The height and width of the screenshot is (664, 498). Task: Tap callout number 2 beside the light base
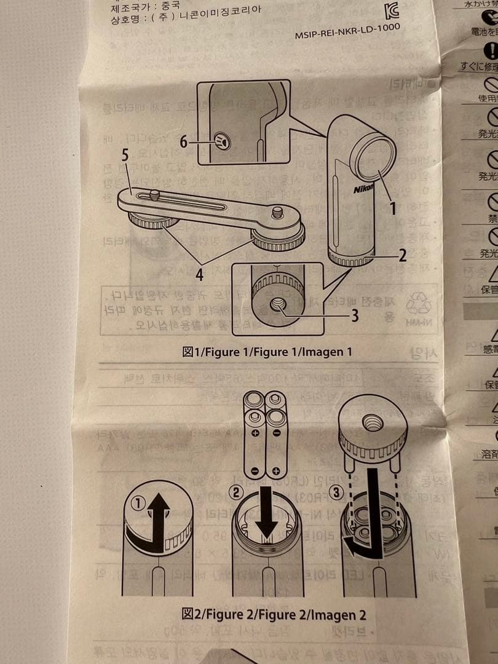[402, 255]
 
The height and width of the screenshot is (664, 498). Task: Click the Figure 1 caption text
[267, 352]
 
